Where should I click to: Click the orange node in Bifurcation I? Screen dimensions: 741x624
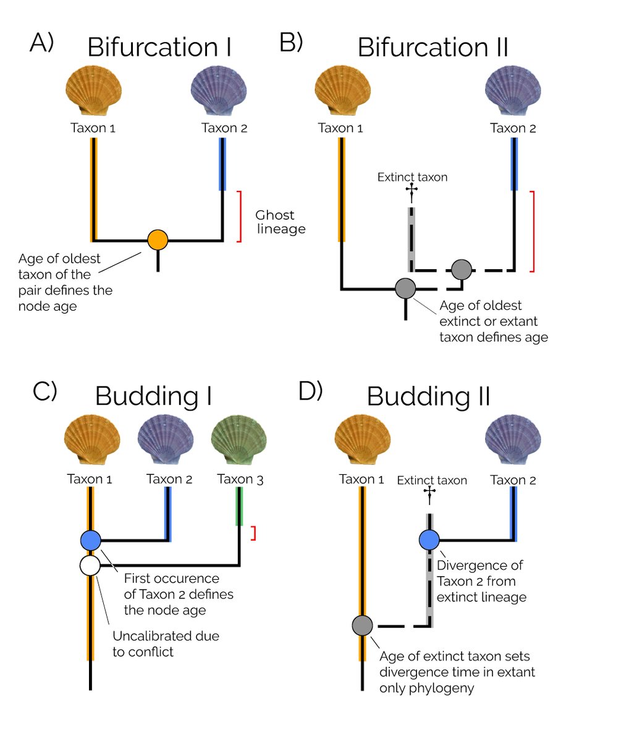(158, 240)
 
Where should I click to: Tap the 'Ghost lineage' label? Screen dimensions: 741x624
(280, 222)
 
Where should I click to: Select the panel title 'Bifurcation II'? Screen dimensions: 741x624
(432, 48)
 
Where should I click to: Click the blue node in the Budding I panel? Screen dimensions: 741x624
(91, 540)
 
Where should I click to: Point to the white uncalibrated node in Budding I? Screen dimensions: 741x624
(91, 564)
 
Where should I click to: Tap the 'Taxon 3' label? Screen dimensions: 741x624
(240, 479)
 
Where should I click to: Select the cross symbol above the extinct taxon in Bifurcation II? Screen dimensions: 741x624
(411, 193)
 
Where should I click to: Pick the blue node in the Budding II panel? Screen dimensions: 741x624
(429, 540)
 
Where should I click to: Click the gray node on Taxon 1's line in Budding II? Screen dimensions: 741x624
(362, 625)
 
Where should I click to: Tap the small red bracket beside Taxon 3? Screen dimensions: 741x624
(253, 534)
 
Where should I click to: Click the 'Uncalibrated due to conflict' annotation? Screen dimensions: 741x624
(166, 643)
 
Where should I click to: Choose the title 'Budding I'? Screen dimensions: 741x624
(153, 396)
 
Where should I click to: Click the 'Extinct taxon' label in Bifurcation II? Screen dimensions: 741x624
(412, 177)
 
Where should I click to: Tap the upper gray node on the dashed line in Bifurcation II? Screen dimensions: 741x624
(462, 270)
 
